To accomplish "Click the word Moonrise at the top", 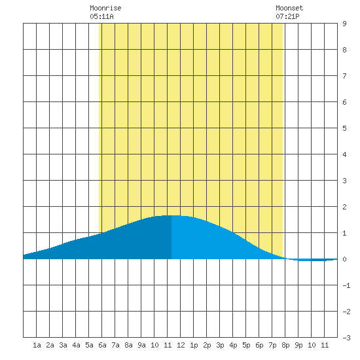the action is [105, 8].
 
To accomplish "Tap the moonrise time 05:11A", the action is [101, 16].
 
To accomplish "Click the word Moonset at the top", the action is [289, 8].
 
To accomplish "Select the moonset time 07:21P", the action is [287, 16].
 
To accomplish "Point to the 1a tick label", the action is [37, 345].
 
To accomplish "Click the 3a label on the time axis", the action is [63, 345].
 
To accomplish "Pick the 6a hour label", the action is [102, 345].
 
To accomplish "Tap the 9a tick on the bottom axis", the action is [141, 345].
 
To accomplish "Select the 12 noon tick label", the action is [181, 345].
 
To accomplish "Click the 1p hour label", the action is [194, 345].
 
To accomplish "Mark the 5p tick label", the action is [246, 345].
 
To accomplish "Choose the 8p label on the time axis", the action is [285, 345].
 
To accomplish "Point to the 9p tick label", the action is [298, 345].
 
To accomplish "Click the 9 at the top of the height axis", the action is [344, 24].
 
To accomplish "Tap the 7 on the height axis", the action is [344, 76].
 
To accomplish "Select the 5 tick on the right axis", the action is [344, 128].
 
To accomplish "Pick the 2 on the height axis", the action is [344, 207].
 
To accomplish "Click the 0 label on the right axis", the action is [344, 259].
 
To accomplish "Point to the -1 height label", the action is [346, 285].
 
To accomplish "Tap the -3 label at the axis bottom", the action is [346, 338].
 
